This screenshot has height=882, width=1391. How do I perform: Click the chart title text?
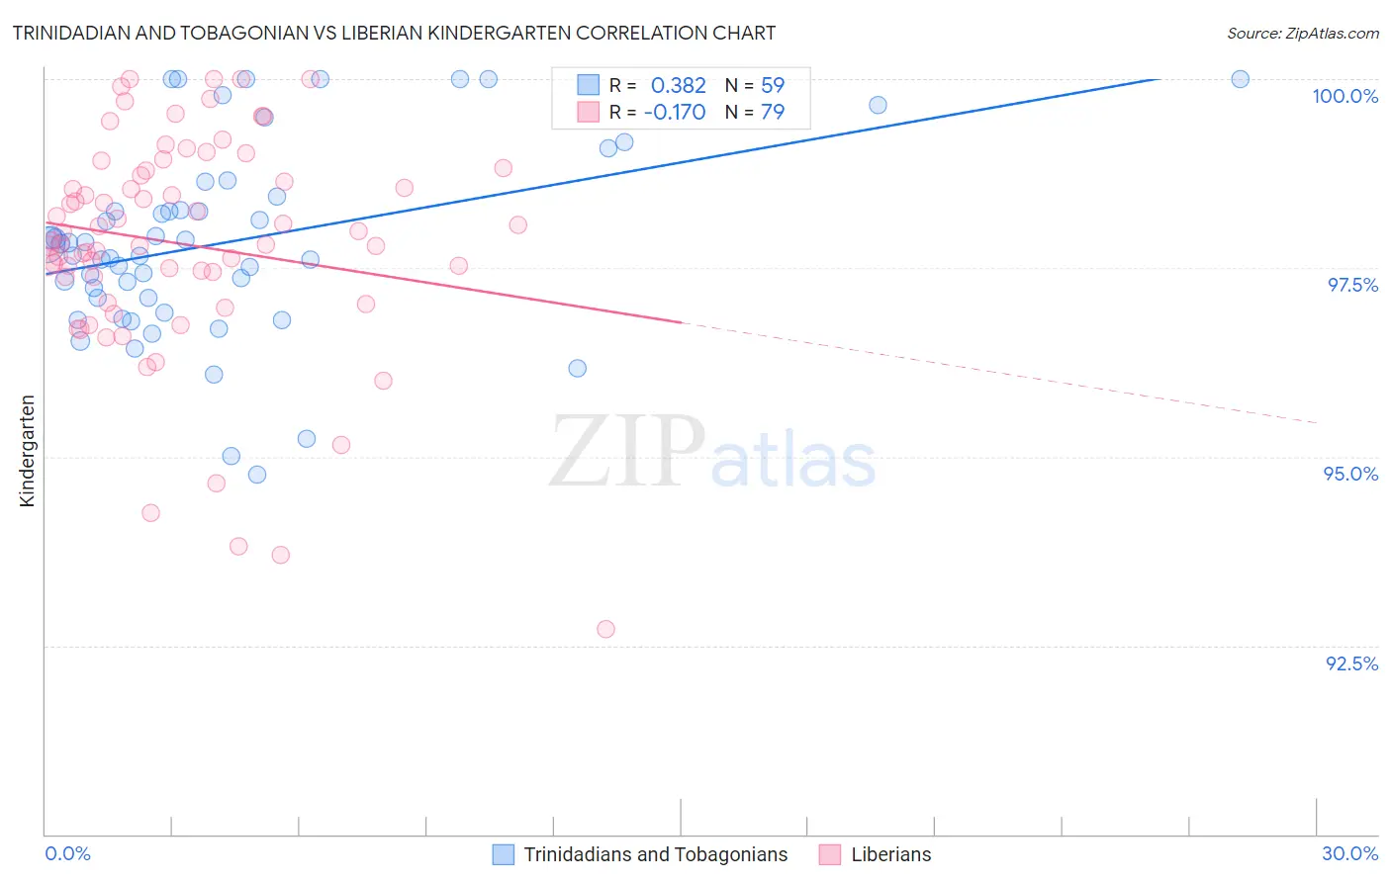tap(394, 33)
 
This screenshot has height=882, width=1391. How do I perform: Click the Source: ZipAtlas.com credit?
tap(1302, 33)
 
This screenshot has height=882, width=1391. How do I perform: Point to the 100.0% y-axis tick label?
tap(1345, 96)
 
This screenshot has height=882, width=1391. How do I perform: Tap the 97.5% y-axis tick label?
tap(1351, 285)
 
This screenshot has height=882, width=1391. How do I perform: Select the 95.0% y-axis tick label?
tap(1350, 474)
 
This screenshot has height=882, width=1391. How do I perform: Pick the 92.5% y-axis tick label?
tap(1351, 663)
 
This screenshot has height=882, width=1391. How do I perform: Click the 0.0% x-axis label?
tap(67, 853)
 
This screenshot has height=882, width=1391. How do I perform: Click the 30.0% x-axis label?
tap(1349, 853)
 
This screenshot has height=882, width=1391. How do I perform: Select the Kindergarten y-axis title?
tap(28, 451)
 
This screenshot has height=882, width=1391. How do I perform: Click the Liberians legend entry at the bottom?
tap(890, 854)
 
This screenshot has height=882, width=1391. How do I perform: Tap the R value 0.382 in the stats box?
tap(678, 86)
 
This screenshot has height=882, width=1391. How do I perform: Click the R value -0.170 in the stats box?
tap(674, 113)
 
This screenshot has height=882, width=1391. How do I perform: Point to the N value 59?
tap(772, 86)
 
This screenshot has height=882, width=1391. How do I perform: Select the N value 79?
tap(772, 113)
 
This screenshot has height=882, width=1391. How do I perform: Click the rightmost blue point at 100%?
tap(1240, 79)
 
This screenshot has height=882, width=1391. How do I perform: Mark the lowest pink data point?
tap(605, 629)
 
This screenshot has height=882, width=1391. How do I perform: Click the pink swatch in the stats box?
tap(589, 112)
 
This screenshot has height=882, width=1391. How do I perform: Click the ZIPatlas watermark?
tap(712, 453)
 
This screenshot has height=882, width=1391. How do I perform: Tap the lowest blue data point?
tap(257, 475)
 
